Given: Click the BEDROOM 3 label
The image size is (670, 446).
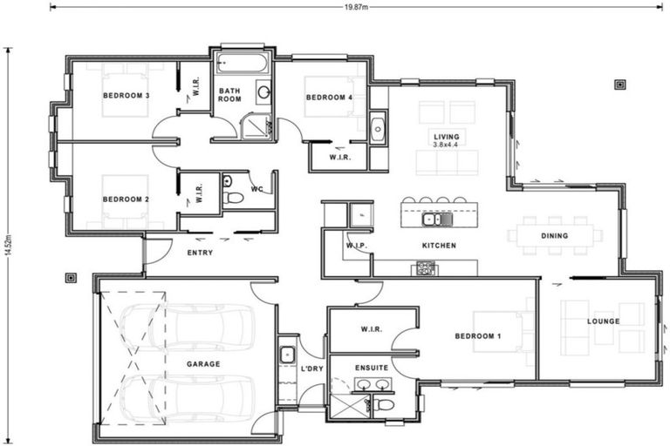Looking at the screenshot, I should pyautogui.click(x=126, y=95).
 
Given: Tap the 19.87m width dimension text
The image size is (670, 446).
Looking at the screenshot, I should pyautogui.click(x=356, y=6).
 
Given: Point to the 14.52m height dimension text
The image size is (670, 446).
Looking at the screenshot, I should pyautogui.click(x=8, y=245).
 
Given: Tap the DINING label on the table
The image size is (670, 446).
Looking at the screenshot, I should pyautogui.click(x=554, y=235).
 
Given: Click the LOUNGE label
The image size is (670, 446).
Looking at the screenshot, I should pyautogui.click(x=603, y=321).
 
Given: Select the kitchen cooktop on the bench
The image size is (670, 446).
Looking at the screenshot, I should pyautogui.click(x=425, y=269).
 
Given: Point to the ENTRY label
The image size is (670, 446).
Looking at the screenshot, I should pyautogui.click(x=200, y=253).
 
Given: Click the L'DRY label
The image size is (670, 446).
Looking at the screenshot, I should pyautogui.click(x=312, y=369).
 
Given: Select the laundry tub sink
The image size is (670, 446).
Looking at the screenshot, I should pyautogui.click(x=287, y=355).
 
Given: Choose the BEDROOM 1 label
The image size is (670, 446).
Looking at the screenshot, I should pyautogui.click(x=478, y=335).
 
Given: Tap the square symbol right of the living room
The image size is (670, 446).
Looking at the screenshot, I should pyautogui.click(x=619, y=84).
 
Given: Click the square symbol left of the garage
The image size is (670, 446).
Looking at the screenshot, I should pyautogui.click(x=71, y=279).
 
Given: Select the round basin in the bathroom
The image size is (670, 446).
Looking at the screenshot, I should pyautogui.click(x=263, y=92).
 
